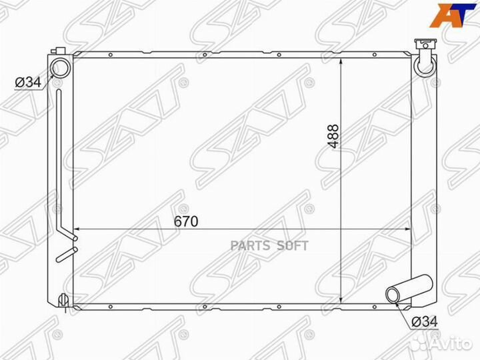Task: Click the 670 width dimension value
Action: (186, 221)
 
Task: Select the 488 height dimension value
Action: (333, 136)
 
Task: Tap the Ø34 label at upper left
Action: (28, 82)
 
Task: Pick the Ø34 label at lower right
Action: (425, 321)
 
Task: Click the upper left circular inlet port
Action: (60, 67)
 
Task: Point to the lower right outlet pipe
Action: (409, 289)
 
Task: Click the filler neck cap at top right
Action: (425, 44)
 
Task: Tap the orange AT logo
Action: (453, 15)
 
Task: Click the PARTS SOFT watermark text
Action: (269, 245)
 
